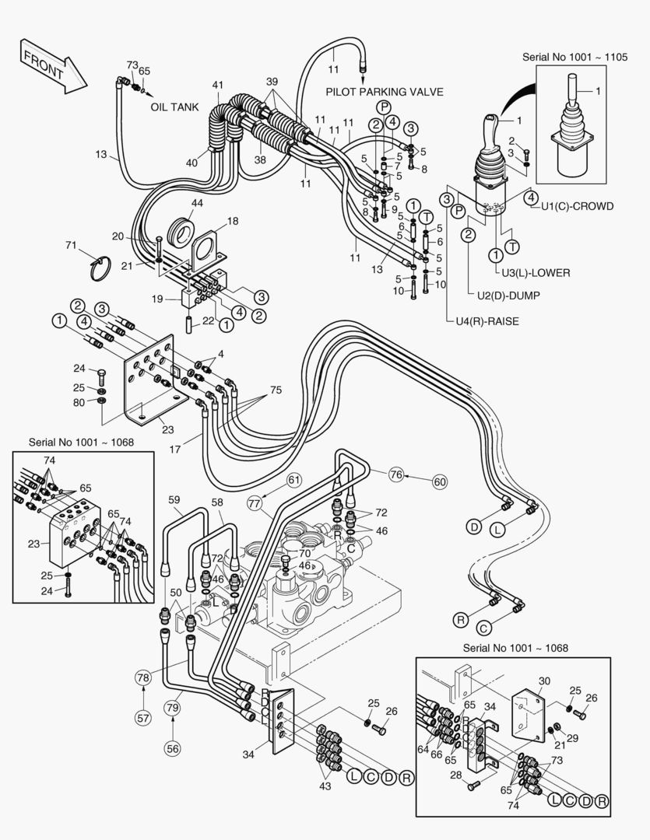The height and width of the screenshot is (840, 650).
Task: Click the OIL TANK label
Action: (x=174, y=107)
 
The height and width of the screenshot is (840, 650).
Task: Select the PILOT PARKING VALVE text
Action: (x=385, y=92)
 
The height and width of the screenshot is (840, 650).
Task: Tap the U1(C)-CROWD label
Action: (x=578, y=206)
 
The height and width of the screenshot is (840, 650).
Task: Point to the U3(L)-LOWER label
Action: (x=536, y=273)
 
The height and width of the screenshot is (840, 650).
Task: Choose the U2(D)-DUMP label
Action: (x=508, y=296)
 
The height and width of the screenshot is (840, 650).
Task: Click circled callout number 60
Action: (x=440, y=481)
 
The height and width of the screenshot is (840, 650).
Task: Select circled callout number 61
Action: (x=293, y=479)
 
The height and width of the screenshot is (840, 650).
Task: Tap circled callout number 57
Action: (x=143, y=717)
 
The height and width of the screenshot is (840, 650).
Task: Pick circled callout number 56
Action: (x=172, y=748)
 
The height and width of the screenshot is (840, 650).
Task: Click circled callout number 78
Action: (x=143, y=677)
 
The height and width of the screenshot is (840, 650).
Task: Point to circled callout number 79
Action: (x=172, y=707)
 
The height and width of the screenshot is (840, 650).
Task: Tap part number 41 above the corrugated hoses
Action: (x=217, y=84)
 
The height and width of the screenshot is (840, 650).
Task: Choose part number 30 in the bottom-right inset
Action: (x=544, y=681)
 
